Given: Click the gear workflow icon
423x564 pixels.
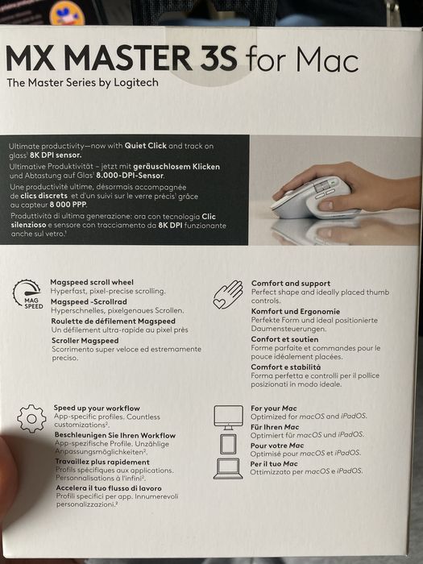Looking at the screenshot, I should coord(31,419).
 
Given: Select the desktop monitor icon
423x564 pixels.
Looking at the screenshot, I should coord(227,417).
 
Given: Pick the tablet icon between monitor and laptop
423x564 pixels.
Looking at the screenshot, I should coord(227,443).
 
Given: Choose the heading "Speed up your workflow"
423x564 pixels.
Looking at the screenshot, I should coord(96,408).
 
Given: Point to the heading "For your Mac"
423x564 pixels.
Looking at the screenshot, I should coord(276,408).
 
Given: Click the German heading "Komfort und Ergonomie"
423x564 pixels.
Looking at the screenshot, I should coord(294,311).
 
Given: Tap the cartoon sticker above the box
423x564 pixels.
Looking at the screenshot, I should coord(67,12).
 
